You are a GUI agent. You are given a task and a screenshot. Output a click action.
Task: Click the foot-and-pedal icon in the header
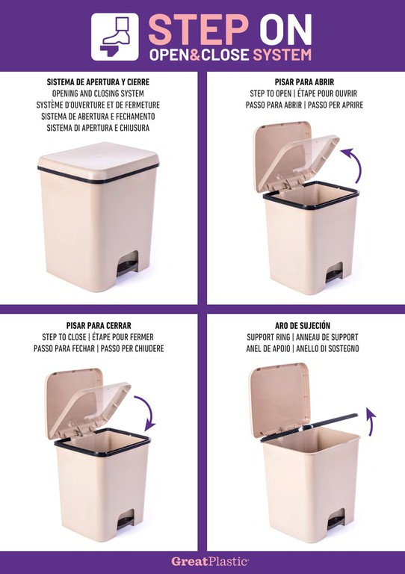point(115,37)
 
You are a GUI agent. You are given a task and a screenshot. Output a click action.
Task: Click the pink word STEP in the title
point(199,30)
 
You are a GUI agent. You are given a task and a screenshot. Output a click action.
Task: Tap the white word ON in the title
point(285,30)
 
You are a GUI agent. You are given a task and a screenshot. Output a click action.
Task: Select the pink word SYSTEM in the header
point(282,55)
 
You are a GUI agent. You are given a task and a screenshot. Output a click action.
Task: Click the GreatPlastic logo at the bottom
point(211,561)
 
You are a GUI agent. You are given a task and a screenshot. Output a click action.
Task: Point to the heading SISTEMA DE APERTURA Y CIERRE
point(98,82)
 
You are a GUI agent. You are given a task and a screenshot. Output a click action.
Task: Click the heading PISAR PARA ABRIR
point(304,82)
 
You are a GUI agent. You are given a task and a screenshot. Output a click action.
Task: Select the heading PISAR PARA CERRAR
point(99,325)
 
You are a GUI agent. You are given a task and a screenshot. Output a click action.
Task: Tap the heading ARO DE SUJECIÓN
point(303,325)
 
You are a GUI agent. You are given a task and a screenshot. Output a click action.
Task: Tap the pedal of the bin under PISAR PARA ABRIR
point(334,274)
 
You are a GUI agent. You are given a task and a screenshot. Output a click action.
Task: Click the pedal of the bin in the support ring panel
point(335,520)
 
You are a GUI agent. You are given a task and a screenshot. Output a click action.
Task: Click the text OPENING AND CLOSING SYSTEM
point(98,93)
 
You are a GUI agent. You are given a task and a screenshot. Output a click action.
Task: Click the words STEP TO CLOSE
point(64,337)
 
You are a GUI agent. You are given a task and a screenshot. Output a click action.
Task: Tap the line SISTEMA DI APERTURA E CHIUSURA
point(98,128)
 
